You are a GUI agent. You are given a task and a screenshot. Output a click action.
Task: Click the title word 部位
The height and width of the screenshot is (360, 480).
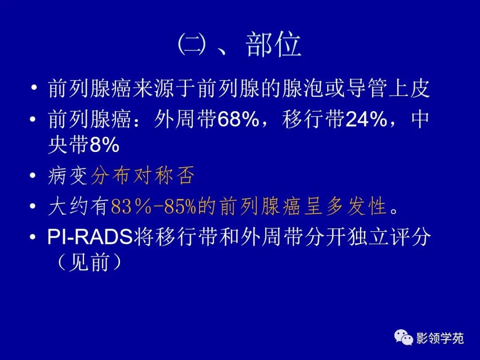273,45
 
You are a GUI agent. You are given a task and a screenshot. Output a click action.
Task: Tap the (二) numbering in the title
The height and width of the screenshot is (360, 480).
192,45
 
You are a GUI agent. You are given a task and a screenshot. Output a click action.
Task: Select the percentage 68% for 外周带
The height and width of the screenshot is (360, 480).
238,119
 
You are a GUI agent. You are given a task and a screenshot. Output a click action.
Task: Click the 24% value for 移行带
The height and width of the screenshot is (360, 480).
366,119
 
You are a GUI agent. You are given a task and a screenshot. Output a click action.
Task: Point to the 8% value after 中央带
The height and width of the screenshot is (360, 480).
104,145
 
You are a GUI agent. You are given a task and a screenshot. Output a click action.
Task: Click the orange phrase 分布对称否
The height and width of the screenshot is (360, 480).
143,176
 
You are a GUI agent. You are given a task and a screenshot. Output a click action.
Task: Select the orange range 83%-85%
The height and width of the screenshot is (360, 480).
153,207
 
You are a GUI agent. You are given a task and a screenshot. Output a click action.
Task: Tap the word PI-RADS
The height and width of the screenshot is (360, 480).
90,237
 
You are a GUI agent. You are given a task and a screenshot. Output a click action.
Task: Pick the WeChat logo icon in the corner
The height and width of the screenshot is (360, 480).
404,337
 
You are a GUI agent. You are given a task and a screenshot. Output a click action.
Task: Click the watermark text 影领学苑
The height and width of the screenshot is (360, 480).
440,338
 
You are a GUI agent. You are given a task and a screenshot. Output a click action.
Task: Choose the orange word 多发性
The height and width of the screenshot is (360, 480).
356,207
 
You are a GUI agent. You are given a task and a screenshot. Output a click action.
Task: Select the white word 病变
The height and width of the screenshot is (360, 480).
68,176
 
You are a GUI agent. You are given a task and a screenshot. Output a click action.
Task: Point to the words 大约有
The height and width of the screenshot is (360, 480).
78,207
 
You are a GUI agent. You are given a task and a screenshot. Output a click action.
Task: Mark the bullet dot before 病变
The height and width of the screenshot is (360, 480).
33,176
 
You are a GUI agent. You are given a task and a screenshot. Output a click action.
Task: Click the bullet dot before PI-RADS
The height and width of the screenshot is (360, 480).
33,237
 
